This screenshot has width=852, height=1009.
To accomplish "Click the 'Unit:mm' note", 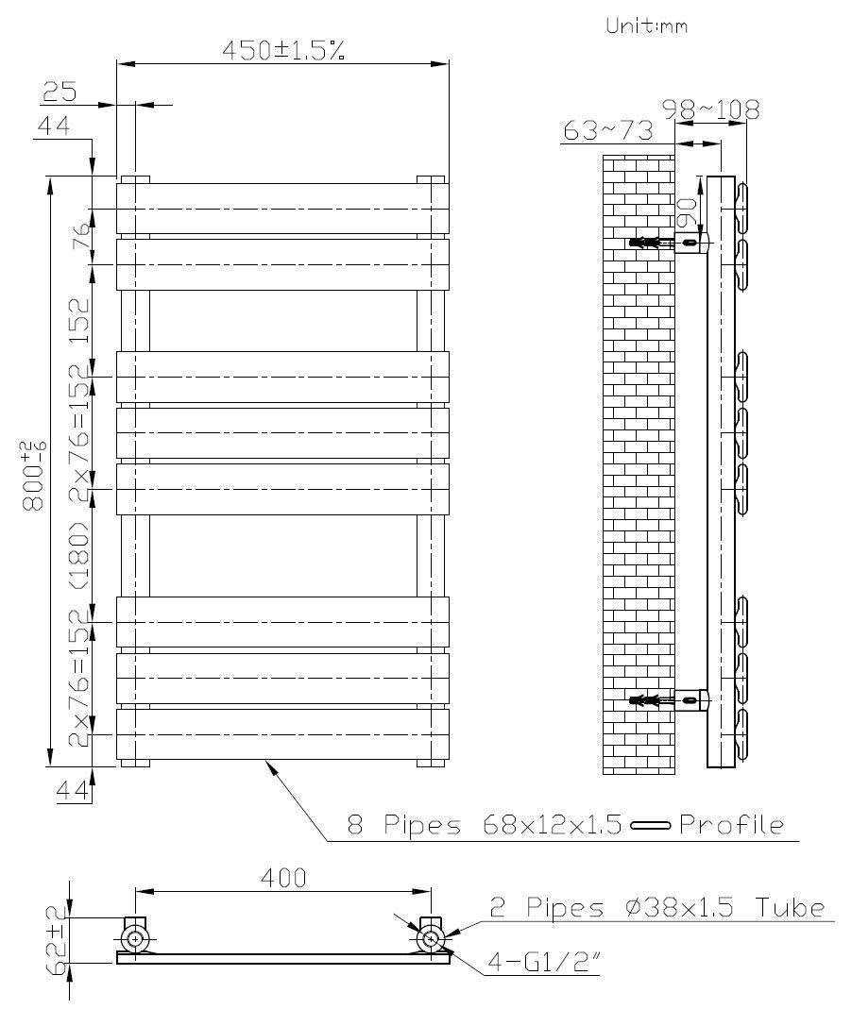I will pyautogui.click(x=646, y=26).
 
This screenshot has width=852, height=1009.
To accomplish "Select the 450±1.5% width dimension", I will pyautogui.click(x=282, y=51).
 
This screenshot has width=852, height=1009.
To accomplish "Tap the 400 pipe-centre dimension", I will pyautogui.click(x=283, y=878).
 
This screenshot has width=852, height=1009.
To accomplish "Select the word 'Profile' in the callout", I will pyautogui.click(x=731, y=825).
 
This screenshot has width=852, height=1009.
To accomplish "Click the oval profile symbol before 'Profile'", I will pyautogui.click(x=650, y=826).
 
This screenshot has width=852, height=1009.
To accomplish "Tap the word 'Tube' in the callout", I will pyautogui.click(x=792, y=908).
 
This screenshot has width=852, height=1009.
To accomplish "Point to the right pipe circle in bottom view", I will pyautogui.click(x=432, y=938).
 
